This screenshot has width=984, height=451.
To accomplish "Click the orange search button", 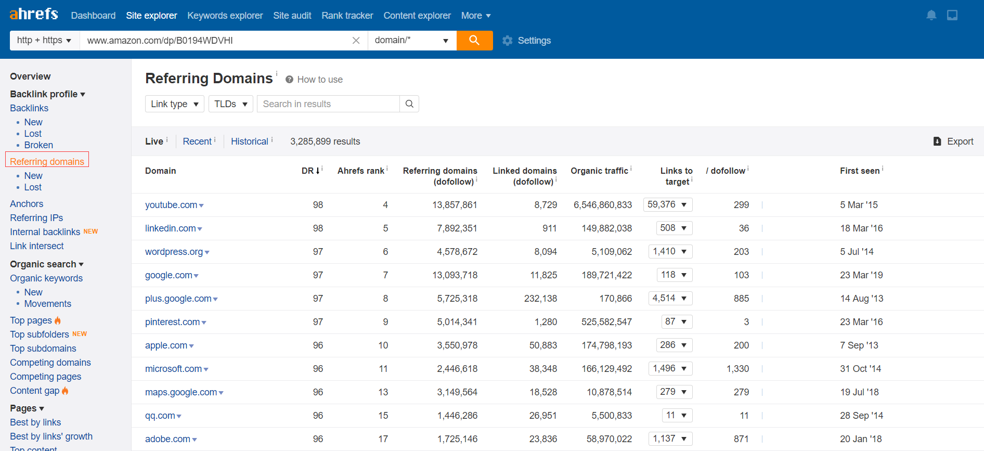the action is point(474,41).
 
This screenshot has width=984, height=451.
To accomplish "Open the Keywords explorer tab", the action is point(225,16).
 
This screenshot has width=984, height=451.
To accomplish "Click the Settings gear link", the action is point(526,41).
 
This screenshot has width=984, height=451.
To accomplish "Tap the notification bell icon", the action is point(931,15).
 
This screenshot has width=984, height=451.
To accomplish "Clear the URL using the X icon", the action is point(356,41).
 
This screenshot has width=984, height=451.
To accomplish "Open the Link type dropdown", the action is point(175,104).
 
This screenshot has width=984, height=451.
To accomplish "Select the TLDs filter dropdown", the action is point(231,104).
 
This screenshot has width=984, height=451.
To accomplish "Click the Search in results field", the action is point(328,104).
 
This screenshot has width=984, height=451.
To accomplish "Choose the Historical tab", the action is point(250,141).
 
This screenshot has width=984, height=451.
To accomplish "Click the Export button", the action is point(953,141).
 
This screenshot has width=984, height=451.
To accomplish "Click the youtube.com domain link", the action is point(171,205).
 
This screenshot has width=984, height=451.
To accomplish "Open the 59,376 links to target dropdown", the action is point(668,204).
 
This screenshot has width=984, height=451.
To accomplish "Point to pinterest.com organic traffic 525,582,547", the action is point(606,322).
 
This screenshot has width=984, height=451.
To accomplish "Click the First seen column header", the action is point(860,171).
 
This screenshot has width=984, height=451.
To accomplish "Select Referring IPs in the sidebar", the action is point(36,218).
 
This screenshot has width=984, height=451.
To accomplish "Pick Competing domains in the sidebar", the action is point(50,363).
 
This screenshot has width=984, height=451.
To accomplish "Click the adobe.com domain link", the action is point(167,439).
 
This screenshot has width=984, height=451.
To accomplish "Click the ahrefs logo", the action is point(34,14).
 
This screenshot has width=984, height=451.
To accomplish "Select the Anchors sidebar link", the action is point(27,204).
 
